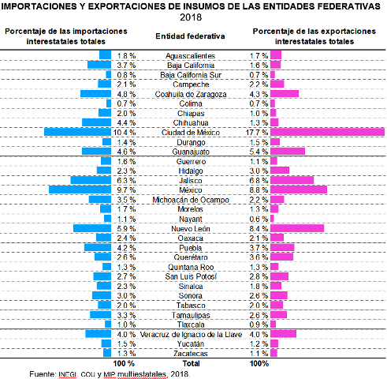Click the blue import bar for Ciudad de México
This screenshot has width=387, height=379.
pyautogui.click(x=77, y=132)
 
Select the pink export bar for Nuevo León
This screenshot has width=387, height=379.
pyautogui.click(x=297, y=228)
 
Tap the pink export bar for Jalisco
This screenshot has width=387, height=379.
pyautogui.click(x=292, y=180)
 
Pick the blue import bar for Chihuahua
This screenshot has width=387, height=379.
pyautogui.click(x=96, y=122)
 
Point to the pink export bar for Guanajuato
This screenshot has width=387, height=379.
pyautogui.click(x=288, y=151)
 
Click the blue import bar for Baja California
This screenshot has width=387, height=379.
pyautogui.click(x=99, y=65)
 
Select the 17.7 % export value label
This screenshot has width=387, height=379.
pyautogui.click(x=257, y=133)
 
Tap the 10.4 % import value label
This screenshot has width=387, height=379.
pyautogui.click(x=125, y=133)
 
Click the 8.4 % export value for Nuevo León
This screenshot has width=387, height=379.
pyautogui.click(x=259, y=229)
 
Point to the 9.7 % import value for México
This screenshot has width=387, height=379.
pyautogui.click(x=126, y=190)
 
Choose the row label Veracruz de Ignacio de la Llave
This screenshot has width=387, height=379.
pyautogui.click(x=191, y=335)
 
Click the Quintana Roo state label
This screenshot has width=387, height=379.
pyautogui.click(x=191, y=267)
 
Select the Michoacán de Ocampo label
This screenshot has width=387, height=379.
pyautogui.click(x=191, y=200)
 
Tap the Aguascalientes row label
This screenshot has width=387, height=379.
pyautogui.click(x=191, y=56)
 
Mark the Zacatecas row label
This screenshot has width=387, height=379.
pyautogui.click(x=191, y=354)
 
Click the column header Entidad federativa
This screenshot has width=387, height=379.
pyautogui.click(x=190, y=36)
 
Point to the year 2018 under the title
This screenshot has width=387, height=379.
pyautogui.click(x=191, y=17)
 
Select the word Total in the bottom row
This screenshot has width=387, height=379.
pyautogui.click(x=191, y=363)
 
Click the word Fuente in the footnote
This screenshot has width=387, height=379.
pyautogui.click(x=42, y=374)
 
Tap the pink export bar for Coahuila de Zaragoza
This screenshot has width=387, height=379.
pyautogui.click(x=285, y=93)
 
